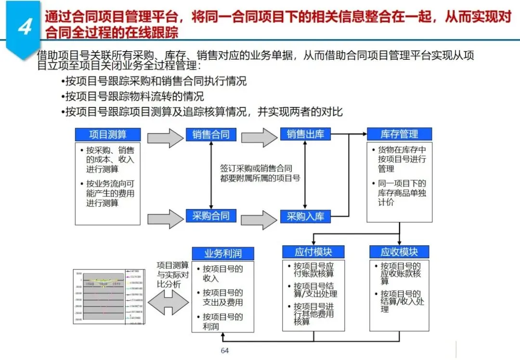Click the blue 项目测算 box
(x=108, y=134)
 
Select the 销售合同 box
(x=211, y=134)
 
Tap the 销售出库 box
(x=306, y=134)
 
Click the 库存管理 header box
(x=399, y=134)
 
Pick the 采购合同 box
(x=211, y=216)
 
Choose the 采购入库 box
(x=306, y=216)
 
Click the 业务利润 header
(x=222, y=253)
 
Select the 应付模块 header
(x=313, y=252)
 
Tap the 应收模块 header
(x=399, y=252)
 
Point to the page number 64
(x=224, y=350)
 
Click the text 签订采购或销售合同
(x=256, y=169)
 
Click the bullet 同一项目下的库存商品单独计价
(x=402, y=193)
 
